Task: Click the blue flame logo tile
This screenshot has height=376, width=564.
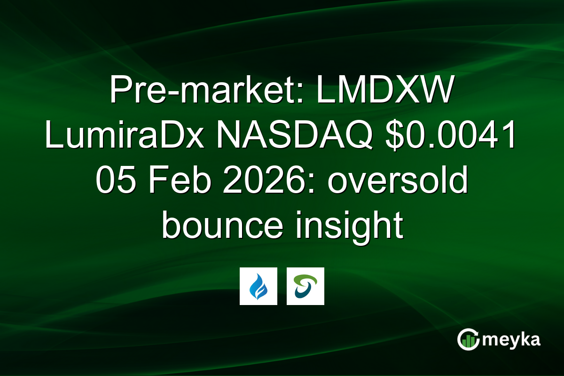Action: [258, 286]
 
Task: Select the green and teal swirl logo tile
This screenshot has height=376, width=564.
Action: [305, 286]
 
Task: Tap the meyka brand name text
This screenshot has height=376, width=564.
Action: [512, 340]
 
